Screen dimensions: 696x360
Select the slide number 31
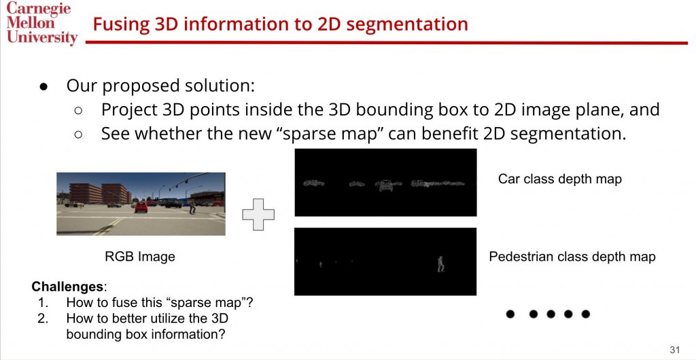675,350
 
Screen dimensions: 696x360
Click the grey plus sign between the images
258,215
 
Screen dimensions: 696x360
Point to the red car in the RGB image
141,207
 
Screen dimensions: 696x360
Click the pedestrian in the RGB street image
192,206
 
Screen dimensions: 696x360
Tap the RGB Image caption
140,257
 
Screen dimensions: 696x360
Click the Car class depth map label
560,179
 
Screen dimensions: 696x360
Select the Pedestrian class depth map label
572,257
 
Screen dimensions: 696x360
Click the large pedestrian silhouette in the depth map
440,264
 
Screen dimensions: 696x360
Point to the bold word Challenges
67,287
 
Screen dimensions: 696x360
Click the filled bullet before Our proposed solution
43,86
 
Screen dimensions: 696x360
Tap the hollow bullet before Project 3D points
79,111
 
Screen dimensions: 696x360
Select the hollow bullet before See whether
79,134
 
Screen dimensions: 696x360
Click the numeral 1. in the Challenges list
43,303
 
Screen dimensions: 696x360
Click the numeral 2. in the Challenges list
43,319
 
